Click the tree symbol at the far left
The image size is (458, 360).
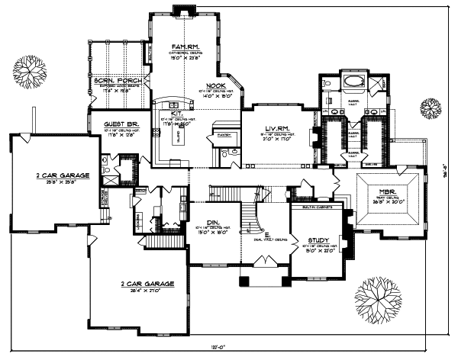coord(31,76)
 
